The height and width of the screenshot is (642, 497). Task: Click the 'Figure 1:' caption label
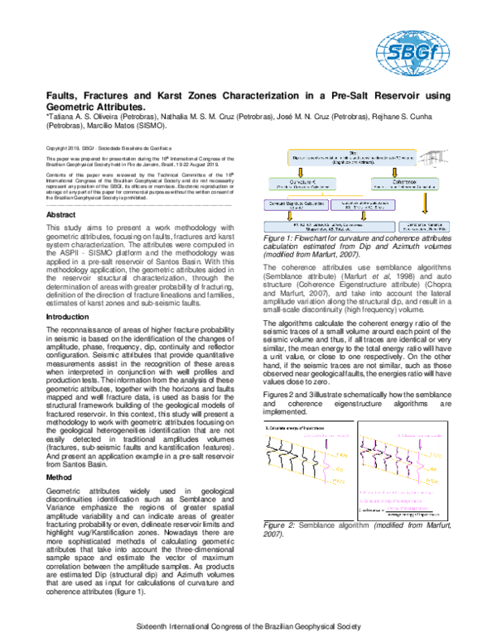[279, 236]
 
